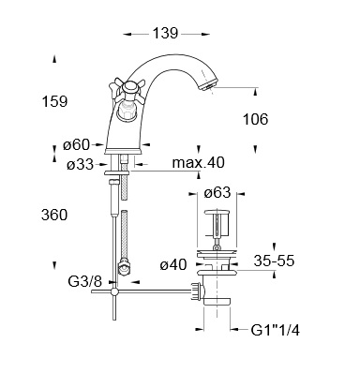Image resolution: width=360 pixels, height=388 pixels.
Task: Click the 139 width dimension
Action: [x=165, y=33]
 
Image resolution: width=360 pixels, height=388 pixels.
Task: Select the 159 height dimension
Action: [x=54, y=101]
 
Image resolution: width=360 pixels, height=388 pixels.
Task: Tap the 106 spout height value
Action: [x=256, y=119]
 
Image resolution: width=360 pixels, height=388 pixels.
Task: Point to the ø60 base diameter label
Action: [x=76, y=145]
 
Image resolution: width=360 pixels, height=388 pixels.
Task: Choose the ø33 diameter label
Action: [x=80, y=164]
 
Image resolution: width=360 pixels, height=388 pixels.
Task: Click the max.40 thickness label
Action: [x=199, y=162]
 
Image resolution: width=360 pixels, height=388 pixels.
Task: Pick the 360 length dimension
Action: [x=54, y=215]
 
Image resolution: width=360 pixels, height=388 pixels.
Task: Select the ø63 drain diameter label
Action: [x=217, y=192]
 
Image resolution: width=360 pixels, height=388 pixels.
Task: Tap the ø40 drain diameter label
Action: [x=173, y=265]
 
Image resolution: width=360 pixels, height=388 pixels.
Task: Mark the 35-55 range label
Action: [x=274, y=261]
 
